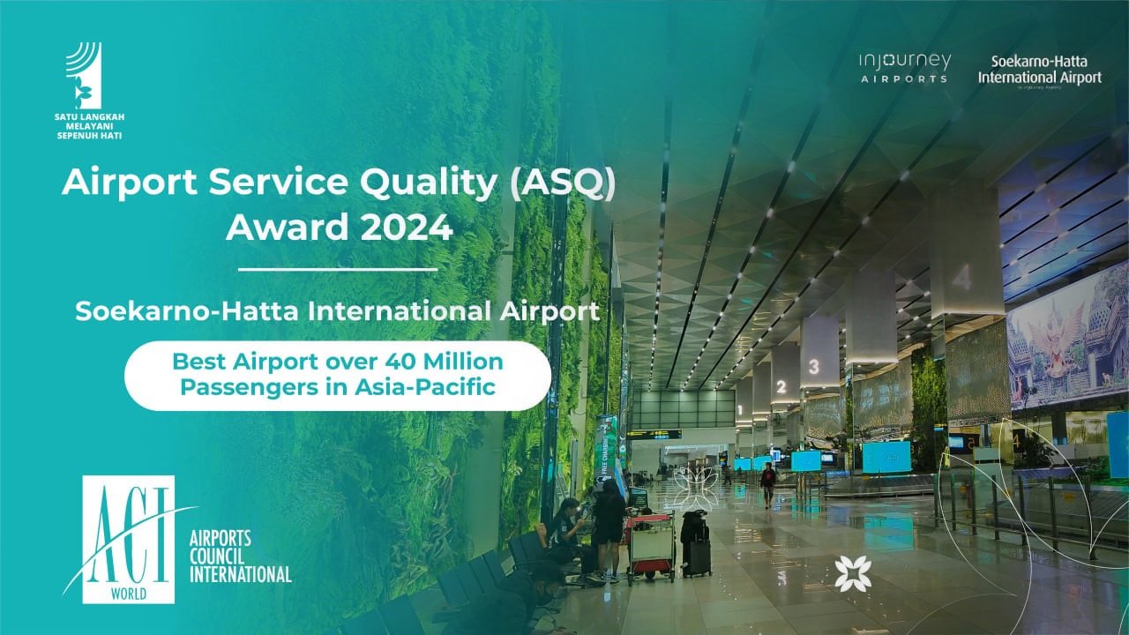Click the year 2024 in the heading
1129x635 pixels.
tap(407, 228)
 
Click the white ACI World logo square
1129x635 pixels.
tap(129, 539)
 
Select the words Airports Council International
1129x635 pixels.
tap(241, 557)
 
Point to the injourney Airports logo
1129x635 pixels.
tap(905, 68)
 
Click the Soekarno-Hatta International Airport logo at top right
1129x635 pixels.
tap(1040, 71)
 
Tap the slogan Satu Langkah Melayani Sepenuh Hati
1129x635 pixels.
tap(89, 126)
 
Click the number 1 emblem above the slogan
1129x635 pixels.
tap(84, 75)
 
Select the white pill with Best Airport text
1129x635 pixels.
tap(338, 376)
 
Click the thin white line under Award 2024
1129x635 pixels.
tap(338, 270)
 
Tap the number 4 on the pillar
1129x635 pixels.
tap(962, 277)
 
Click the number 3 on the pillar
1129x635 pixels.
tap(813, 366)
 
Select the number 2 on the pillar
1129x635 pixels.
tap(781, 387)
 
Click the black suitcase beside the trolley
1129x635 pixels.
tap(696, 543)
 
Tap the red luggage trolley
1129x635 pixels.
tap(651, 547)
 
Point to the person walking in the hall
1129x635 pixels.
tap(767, 485)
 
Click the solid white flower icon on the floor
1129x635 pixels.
tap(853, 573)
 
